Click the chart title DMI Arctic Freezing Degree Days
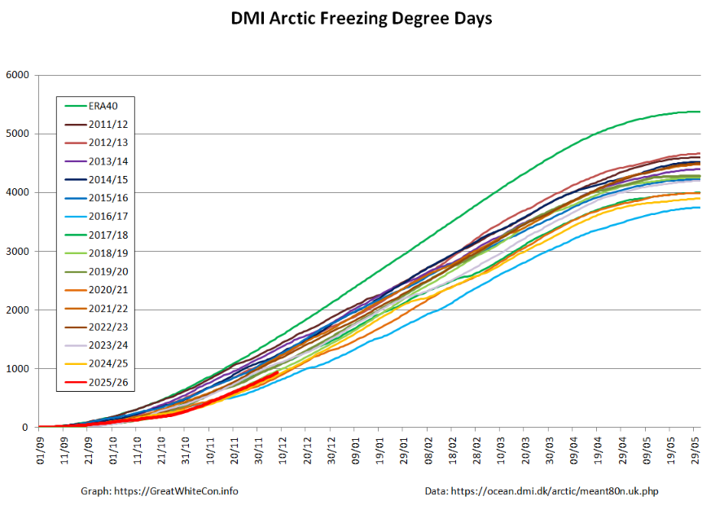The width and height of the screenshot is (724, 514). (362, 18)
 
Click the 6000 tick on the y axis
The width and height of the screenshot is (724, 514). (17, 75)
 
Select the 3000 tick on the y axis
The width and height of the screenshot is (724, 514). (17, 251)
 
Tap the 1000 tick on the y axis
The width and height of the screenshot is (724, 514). (17, 368)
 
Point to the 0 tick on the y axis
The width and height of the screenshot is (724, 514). (25, 427)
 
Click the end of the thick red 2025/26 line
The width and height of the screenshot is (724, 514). (278, 373)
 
